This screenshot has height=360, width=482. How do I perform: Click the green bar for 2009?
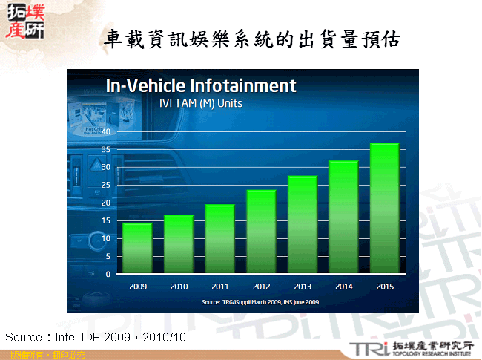137,249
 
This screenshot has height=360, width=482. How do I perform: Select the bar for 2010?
179,245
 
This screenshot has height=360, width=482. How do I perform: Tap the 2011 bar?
219,240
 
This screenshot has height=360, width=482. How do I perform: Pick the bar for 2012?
261,232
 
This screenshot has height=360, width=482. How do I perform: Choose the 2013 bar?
302,225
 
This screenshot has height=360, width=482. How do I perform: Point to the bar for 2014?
343,217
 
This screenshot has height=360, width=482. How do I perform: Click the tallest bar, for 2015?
384,209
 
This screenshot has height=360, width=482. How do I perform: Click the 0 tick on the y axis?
108,274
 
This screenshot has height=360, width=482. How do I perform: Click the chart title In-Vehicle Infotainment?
201,85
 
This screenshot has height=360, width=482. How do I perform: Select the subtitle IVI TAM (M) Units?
201,103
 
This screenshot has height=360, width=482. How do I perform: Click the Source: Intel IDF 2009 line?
96,338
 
